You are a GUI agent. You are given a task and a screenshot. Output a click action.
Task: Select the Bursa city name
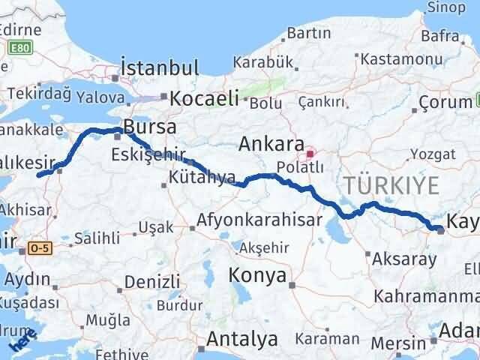click(x=151, y=125)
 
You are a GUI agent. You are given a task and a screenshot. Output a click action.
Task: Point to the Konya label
click(x=259, y=276)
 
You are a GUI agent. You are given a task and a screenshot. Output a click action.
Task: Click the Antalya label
click(x=241, y=340)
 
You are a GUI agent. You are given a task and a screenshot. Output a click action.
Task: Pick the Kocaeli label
click(x=204, y=97)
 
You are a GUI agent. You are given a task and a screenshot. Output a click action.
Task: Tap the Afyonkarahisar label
click(x=259, y=221)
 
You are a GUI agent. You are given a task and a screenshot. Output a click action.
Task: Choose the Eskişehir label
click(x=148, y=155)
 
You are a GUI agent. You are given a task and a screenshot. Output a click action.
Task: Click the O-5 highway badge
click(x=40, y=247)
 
